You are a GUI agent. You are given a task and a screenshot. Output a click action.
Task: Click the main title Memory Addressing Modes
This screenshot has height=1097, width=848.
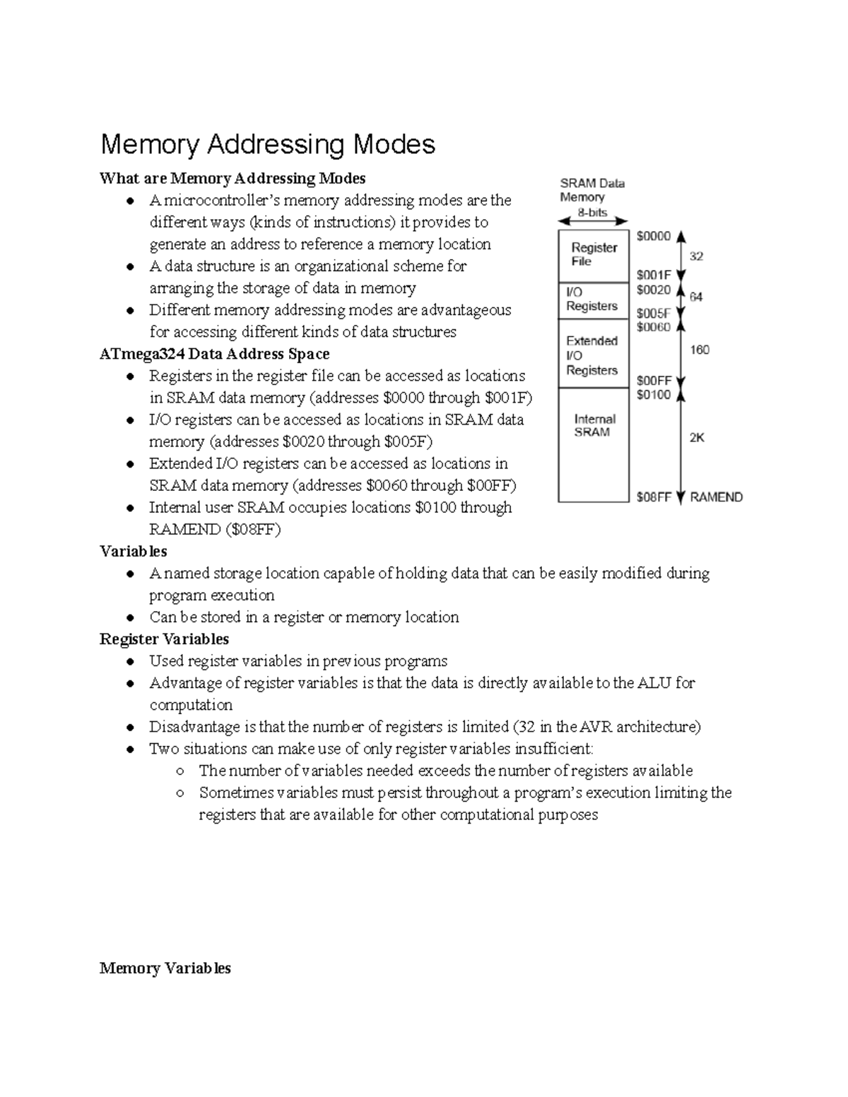pos(268,145)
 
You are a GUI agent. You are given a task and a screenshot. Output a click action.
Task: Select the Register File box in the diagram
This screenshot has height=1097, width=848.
pos(594,255)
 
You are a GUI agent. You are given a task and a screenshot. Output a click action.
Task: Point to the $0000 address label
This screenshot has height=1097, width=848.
pos(653,237)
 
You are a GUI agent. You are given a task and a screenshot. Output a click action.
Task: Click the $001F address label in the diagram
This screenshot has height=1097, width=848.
pos(653,275)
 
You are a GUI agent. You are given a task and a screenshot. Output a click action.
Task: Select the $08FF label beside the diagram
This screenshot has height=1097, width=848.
pos(653,497)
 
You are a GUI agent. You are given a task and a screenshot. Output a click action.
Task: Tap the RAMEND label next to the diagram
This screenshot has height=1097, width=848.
pos(716,497)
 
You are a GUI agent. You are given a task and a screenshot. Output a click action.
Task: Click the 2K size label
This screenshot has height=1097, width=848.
pos(697,438)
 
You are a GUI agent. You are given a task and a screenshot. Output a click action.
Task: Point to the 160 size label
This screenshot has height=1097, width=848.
pos(699,350)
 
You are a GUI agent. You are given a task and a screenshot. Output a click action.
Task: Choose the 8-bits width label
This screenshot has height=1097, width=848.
pos(592,212)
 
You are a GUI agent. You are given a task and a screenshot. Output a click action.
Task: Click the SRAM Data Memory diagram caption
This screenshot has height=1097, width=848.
pos(591,190)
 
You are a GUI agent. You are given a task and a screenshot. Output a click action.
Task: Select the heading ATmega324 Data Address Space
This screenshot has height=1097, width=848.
pos(214,354)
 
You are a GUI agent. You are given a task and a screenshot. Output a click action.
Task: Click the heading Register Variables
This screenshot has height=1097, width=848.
pos(164,639)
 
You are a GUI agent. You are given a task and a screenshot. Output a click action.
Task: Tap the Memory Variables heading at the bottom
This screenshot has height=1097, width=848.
pos(165,968)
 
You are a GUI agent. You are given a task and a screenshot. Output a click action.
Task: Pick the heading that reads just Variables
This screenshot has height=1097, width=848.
pos(133,551)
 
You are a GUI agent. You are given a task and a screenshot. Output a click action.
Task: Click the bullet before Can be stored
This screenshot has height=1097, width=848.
pos(130,618)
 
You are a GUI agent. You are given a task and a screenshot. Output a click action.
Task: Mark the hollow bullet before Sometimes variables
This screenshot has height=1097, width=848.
pos(180,793)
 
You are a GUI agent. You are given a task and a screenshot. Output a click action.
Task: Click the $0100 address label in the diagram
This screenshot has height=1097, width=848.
pos(653,395)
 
